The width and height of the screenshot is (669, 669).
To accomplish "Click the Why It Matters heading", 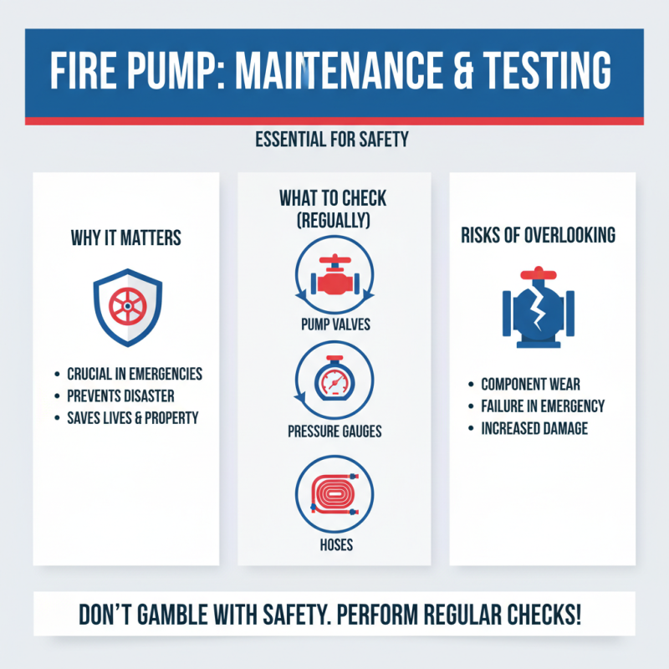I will click(126, 238).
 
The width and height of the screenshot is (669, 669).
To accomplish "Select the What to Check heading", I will click(334, 209).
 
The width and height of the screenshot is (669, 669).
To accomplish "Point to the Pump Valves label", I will click(334, 324).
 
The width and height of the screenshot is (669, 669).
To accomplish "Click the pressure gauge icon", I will click(334, 381).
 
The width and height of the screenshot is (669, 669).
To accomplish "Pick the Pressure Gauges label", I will click(334, 432).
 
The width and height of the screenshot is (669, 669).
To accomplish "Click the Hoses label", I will click(334, 545).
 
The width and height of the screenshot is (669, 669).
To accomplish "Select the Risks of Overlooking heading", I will click(539, 235).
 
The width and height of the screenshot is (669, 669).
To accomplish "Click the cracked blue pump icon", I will click(539, 308).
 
